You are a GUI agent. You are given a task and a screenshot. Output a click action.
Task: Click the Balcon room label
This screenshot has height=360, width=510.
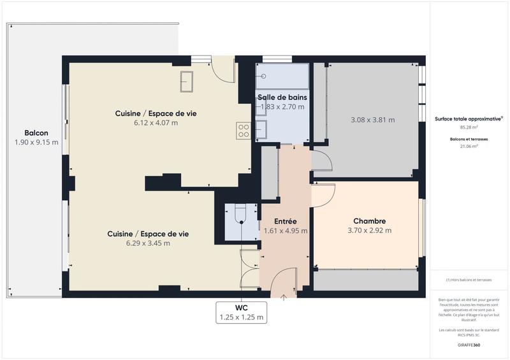click(x=36, y=133)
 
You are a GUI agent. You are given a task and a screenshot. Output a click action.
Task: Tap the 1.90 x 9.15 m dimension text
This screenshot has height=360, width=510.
click(x=36, y=142)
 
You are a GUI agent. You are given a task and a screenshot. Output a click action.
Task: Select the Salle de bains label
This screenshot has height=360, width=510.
click(x=282, y=97)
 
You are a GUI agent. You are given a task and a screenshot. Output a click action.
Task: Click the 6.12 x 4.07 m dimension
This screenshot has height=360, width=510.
click(x=156, y=122)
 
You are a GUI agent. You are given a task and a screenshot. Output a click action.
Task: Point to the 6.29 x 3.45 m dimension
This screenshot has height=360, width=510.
click(x=147, y=243)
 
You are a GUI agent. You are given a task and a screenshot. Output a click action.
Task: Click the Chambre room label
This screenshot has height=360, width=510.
click(x=370, y=221)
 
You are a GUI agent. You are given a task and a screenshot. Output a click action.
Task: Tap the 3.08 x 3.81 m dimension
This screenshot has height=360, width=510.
click(x=373, y=120)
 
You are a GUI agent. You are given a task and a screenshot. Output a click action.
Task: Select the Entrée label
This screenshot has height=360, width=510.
click(x=286, y=221)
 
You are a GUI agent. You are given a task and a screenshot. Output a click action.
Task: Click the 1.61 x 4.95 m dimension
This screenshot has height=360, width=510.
click(x=286, y=231)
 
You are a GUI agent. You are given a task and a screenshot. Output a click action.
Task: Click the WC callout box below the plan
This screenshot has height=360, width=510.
click(x=242, y=312)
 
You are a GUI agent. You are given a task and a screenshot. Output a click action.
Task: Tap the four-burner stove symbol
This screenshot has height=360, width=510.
click(x=244, y=131)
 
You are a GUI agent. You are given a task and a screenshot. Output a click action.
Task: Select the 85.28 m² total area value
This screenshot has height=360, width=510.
click(x=469, y=127)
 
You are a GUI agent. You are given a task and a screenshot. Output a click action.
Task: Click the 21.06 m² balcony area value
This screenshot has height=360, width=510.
click(x=469, y=146)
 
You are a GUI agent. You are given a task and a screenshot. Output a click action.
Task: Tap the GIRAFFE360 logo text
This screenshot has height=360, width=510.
click(x=469, y=345)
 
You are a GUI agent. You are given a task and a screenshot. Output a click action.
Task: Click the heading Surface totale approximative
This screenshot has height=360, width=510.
click(x=469, y=119)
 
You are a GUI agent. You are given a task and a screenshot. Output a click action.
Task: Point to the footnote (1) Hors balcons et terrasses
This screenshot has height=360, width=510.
click(x=469, y=280)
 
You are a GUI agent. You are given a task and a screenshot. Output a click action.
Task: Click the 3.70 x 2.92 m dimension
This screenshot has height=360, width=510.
click(x=370, y=231)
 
